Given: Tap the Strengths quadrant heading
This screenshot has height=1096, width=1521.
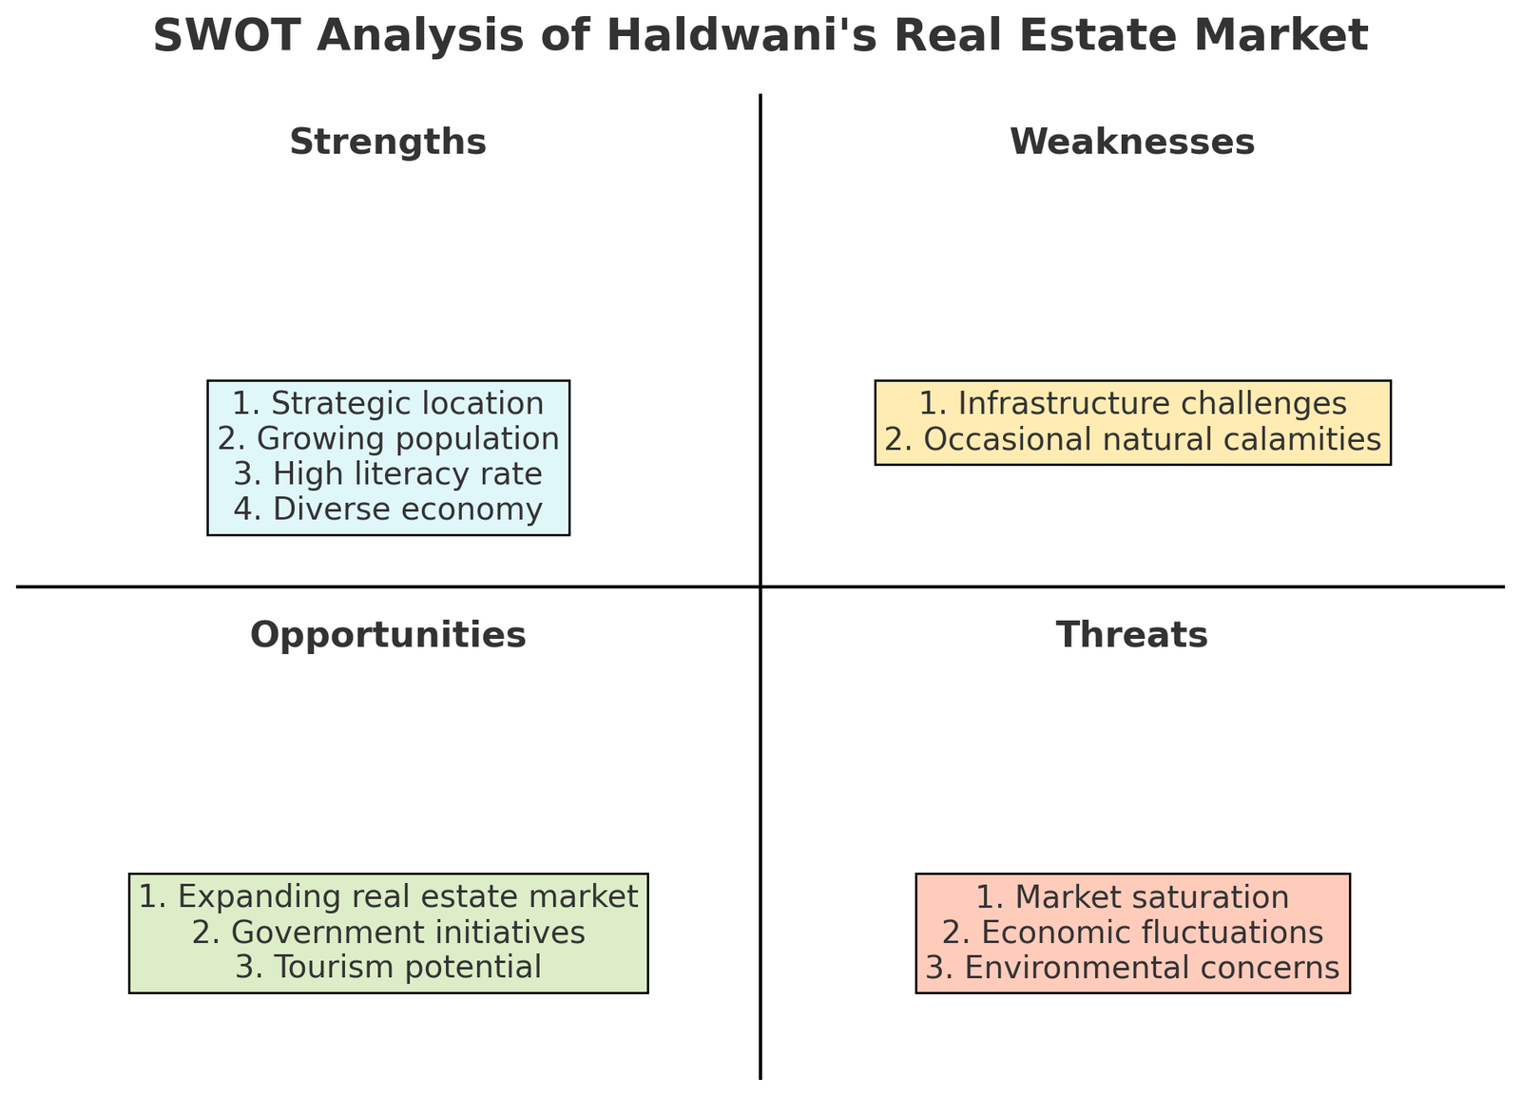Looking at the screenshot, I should [x=388, y=143].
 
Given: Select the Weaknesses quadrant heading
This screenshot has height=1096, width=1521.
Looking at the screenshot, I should [x=1132, y=143].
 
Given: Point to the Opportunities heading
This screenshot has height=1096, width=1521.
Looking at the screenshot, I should [x=388, y=635].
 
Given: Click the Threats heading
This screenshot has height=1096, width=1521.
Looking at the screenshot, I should [x=1132, y=635].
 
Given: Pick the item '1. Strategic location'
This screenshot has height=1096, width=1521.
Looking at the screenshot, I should [x=388, y=404].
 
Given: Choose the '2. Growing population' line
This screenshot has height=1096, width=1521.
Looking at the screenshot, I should [x=388, y=439].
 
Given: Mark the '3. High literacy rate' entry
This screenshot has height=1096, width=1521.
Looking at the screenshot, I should [x=388, y=474].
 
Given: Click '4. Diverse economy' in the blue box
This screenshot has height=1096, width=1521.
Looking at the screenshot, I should [x=388, y=510].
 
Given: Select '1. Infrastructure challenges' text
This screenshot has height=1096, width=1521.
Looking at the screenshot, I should [x=1132, y=404].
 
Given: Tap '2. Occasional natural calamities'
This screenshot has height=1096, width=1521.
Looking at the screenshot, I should [x=1132, y=439].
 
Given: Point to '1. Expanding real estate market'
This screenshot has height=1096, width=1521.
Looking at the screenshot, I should [x=388, y=896].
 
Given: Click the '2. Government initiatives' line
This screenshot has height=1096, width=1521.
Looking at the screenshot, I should [x=388, y=933].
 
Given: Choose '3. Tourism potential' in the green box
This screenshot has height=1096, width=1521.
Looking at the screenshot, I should [x=388, y=968].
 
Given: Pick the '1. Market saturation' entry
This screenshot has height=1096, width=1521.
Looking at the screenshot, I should [x=1132, y=896].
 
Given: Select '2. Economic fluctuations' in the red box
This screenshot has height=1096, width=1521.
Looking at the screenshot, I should [x=1132, y=933].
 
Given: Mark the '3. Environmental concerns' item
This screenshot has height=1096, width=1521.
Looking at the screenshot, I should [x=1132, y=968].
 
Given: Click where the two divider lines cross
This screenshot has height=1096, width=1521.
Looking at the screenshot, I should [x=760, y=586].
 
